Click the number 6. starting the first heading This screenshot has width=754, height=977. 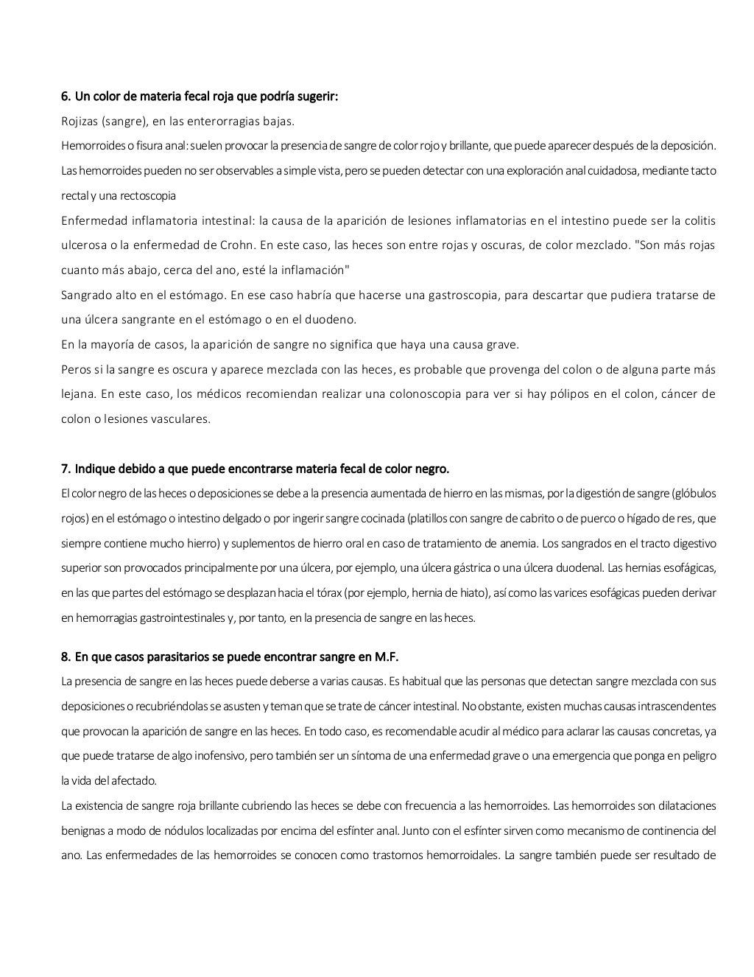point(66,97)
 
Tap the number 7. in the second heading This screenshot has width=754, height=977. point(66,469)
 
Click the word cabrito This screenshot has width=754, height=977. point(526,518)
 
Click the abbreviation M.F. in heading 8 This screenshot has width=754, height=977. point(386,656)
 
